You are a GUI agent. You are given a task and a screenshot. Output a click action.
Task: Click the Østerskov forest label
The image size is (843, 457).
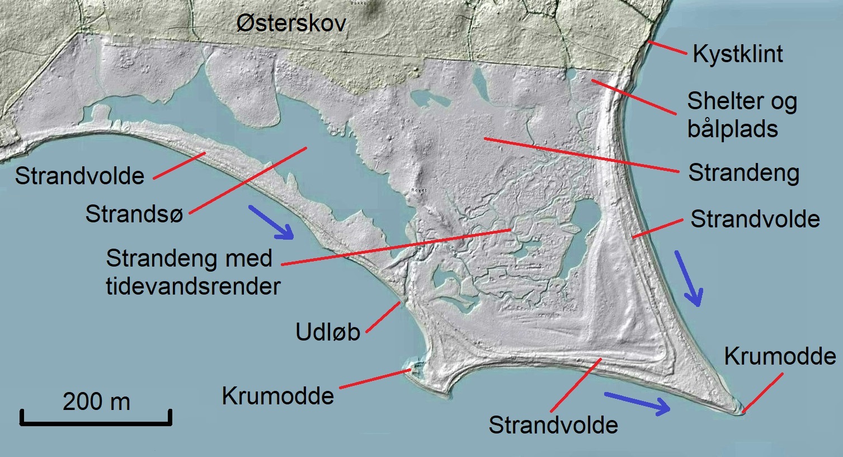coord(291,24)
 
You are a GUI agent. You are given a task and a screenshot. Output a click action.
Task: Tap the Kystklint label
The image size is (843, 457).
coord(737,54)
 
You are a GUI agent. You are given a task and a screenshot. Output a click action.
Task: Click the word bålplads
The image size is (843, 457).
coord(732,129)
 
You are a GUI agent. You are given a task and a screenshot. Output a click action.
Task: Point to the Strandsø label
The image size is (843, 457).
coord(134,214)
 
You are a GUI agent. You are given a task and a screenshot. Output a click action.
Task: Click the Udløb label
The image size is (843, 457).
coord(327,332)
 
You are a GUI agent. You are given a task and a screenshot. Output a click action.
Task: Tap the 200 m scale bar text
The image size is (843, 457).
coord(96,402)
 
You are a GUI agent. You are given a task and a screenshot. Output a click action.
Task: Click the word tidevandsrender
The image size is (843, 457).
coord(193,286)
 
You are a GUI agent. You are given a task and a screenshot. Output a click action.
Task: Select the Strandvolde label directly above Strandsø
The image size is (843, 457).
coord(79,176)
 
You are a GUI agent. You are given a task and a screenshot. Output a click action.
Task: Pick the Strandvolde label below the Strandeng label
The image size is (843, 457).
coord(755,219)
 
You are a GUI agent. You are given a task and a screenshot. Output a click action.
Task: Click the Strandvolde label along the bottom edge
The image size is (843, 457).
coord(553,425)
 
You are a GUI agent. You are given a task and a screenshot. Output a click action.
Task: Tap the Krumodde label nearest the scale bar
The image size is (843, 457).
coord(277,396)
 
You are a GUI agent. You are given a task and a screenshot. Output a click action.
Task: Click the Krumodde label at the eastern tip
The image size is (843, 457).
coord(780,356)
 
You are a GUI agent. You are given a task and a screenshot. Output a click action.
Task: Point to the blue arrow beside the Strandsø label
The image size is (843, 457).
coord(271,222)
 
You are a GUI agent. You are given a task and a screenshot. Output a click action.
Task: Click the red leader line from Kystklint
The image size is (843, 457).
coord(667,48)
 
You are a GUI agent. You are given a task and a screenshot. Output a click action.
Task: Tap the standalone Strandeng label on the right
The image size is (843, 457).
coord(743,172)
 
